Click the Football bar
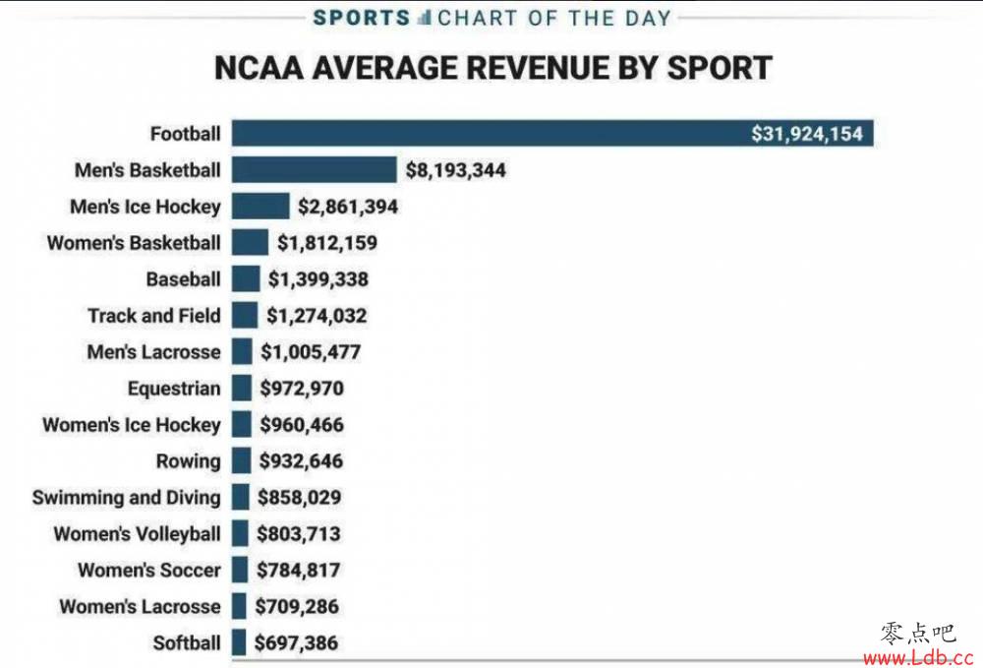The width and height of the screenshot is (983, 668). point(552,133)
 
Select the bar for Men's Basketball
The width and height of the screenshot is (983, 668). point(315,169)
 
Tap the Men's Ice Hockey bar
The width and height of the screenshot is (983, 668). point(260,206)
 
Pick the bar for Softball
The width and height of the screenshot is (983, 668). point(239,642)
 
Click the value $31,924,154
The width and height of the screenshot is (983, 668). point(807,134)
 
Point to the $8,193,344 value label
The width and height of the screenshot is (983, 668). point(456,170)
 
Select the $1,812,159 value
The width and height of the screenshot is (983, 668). point(327,243)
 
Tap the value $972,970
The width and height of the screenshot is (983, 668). point(302,389)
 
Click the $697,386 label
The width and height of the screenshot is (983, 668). point(296,642)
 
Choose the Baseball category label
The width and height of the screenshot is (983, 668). point(183,279)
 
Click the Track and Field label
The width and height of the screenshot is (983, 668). point(154,316)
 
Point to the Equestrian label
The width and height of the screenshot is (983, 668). point(174,389)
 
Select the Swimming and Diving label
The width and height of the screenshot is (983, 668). point(127,498)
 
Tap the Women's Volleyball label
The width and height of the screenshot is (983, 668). point(138,534)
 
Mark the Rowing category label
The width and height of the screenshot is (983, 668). point(188,461)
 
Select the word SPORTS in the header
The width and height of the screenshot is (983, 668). point(362,18)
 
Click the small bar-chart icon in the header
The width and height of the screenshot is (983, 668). point(425,18)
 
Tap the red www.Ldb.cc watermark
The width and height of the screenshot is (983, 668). point(918,658)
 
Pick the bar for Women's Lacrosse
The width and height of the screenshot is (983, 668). point(239,606)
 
